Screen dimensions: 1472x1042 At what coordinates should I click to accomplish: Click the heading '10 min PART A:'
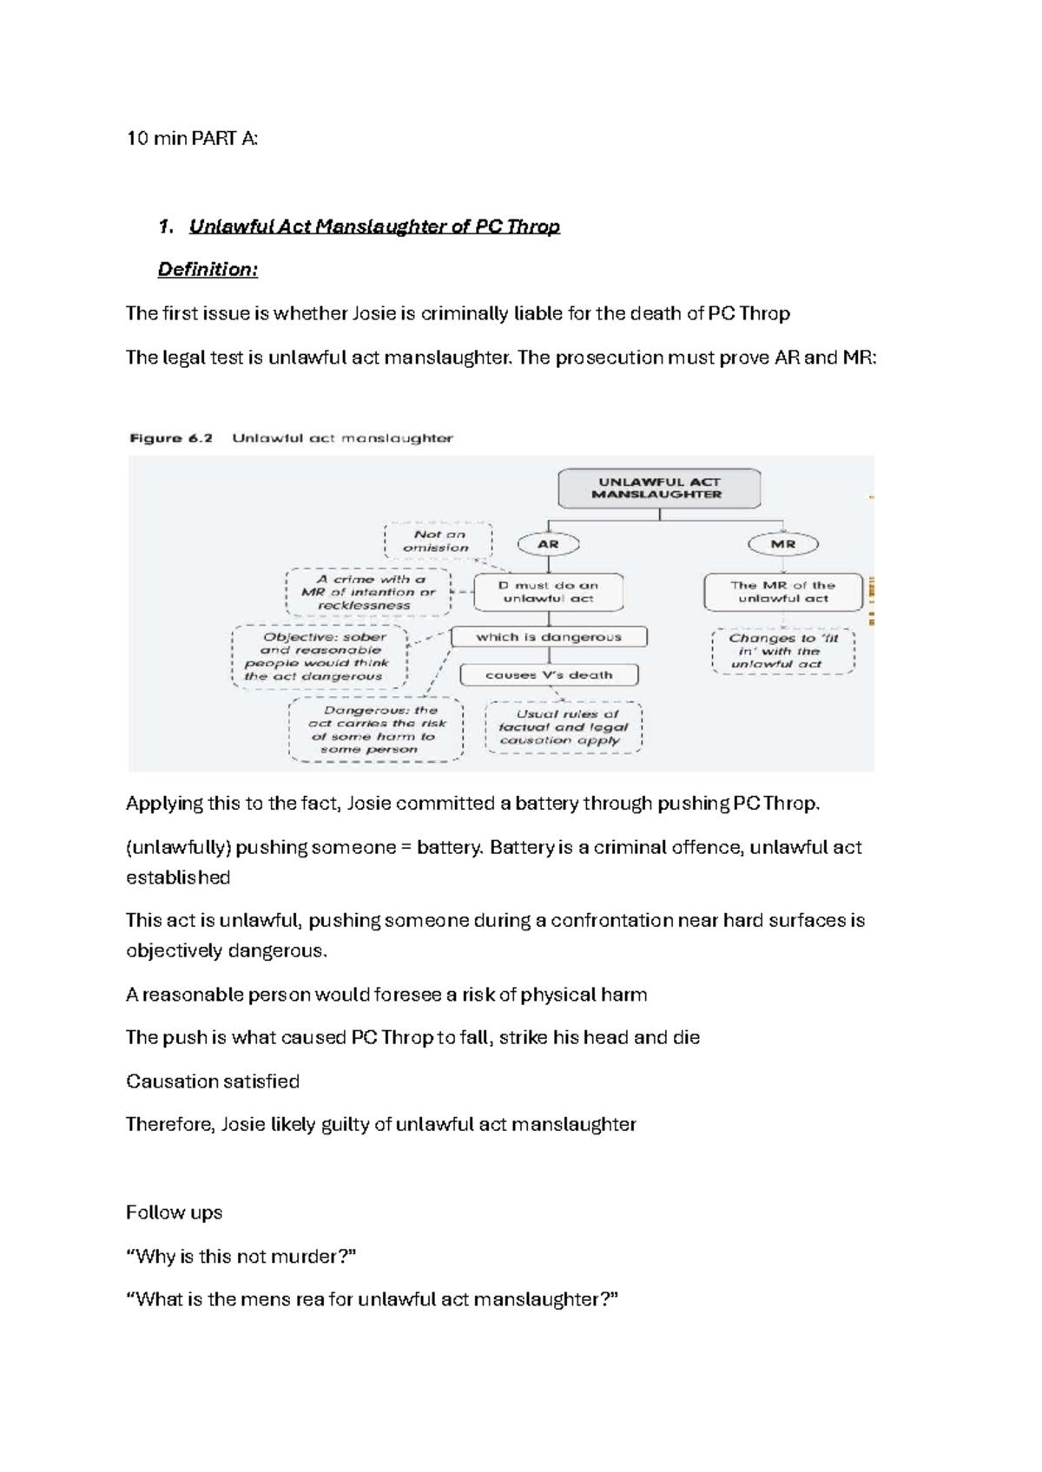192,138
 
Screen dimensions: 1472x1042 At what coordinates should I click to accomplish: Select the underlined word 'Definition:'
208,270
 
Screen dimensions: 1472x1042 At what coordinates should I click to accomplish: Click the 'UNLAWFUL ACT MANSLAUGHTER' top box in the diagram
658,489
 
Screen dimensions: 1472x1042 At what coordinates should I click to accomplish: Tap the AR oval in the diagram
548,544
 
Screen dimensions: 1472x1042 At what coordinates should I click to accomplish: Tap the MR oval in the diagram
782,544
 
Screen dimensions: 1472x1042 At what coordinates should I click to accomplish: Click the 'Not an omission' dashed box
438,541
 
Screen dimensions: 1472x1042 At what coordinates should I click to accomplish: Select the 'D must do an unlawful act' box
548,592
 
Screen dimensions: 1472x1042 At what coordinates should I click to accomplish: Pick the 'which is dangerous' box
548,637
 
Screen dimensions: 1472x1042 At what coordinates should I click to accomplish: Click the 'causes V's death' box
548,675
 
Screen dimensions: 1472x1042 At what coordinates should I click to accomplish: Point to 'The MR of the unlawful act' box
782,592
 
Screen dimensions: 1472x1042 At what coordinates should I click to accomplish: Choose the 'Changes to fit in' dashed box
782,651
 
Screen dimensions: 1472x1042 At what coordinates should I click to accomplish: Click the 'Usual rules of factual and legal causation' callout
563,727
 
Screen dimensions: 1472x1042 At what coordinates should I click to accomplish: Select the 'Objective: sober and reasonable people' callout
319,656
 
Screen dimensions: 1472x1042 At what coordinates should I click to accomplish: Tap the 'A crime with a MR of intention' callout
368,592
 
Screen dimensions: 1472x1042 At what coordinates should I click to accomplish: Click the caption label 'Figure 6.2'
171,438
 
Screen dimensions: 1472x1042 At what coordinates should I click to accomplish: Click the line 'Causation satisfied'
213,1081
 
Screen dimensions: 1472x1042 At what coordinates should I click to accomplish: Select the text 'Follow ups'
174,1212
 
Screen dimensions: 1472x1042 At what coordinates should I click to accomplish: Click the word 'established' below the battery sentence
178,877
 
